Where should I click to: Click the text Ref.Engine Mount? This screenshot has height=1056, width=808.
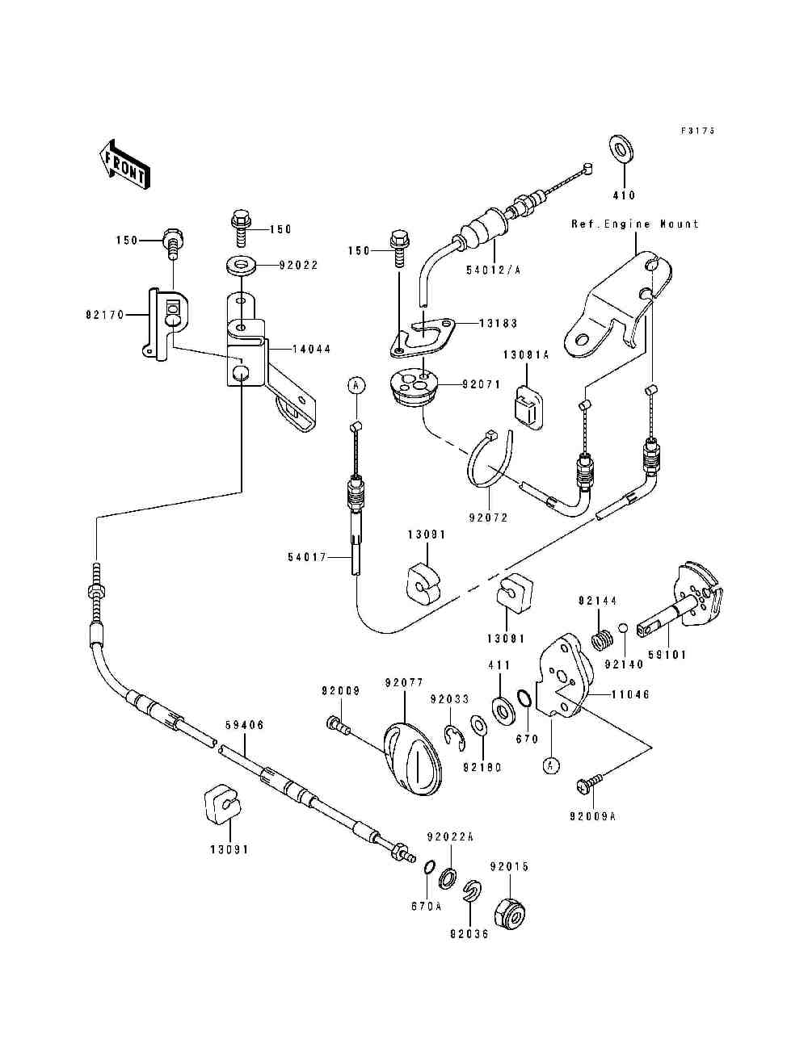(635, 224)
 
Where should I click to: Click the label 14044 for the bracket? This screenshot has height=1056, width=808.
(313, 349)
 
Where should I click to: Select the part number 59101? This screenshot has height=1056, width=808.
(667, 655)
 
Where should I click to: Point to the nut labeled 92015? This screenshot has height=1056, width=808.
(510, 912)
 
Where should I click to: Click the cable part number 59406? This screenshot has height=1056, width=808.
(244, 726)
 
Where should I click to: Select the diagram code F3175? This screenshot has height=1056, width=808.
(698, 130)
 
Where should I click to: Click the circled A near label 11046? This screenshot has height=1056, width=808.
(550, 765)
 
